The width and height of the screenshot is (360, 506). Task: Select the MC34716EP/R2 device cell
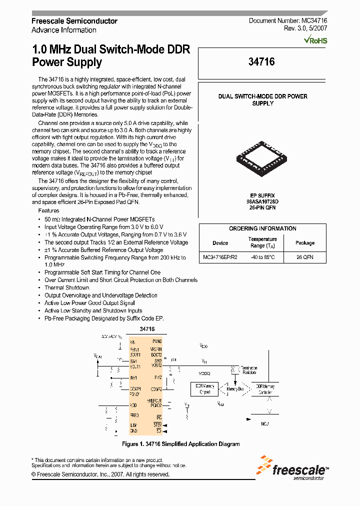[220, 257]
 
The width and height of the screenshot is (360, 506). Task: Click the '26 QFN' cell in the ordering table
[304, 257]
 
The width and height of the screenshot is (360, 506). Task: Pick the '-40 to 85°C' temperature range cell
[262, 257]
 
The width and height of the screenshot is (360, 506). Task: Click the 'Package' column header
[304, 243]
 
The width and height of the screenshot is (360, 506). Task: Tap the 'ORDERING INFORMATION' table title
[262, 228]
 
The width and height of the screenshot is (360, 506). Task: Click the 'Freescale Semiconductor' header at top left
[74, 21]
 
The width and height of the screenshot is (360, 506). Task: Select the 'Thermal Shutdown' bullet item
[67, 287]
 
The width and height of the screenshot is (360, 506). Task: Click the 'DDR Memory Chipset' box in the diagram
[204, 388]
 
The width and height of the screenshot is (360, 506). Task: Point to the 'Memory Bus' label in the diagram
[235, 388]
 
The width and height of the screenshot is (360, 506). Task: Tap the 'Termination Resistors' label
[248, 369]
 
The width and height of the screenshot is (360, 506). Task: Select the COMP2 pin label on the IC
[155, 388]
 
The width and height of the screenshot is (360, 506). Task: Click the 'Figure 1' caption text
[180, 444]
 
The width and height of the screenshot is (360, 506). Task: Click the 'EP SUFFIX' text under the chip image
[262, 195]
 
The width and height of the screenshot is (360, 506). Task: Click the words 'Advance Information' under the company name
[64, 30]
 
